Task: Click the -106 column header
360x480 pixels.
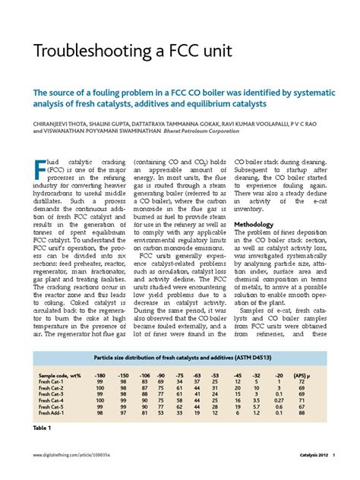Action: pyautogui.click(x=145, y=374)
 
